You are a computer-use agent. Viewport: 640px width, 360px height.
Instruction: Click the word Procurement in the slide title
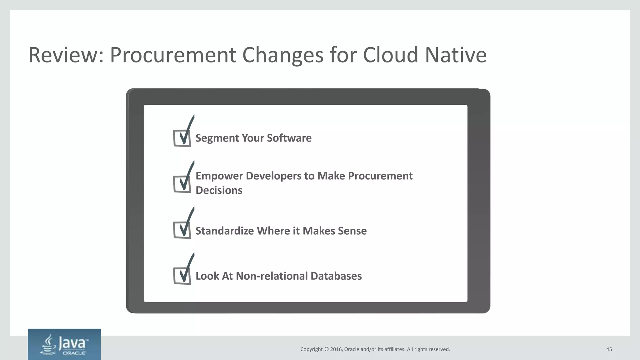coord(173,55)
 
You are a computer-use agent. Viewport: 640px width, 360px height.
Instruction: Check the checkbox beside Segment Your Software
coord(182,138)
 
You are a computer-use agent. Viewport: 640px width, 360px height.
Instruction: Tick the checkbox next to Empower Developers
coord(182,184)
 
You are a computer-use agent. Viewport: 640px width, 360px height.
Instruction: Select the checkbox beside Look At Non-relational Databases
coord(182,276)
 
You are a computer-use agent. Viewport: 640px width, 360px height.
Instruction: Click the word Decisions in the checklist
coord(219,190)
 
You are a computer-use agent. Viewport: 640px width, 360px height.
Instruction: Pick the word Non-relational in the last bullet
coord(272,276)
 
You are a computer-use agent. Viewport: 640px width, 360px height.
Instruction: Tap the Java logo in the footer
coord(64,344)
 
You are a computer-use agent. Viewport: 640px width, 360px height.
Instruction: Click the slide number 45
coord(609,349)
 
